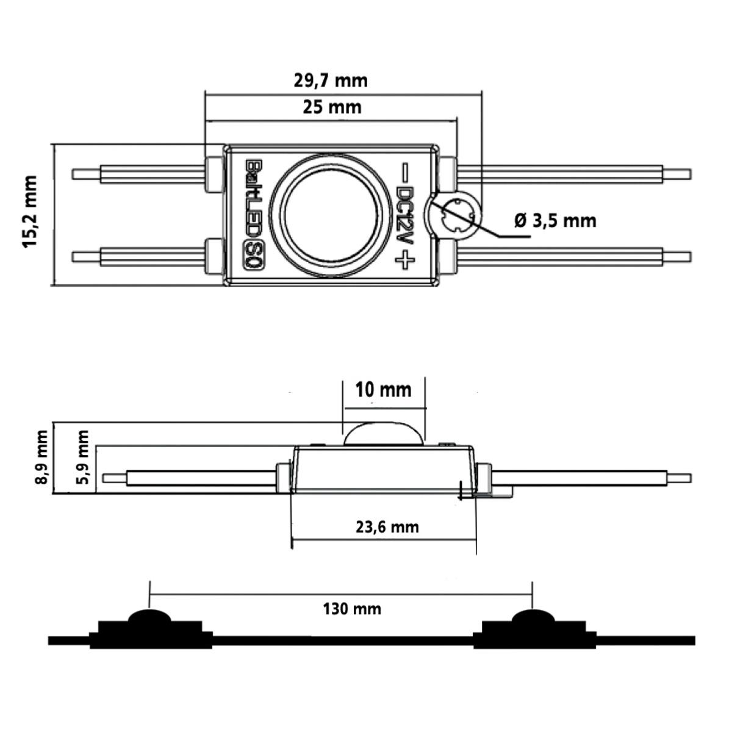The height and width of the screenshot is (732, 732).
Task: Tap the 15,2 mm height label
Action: point(30,212)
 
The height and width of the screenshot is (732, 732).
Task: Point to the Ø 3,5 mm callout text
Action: point(555,220)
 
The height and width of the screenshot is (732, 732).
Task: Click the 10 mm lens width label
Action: point(383,389)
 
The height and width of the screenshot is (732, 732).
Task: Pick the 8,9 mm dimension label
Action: point(41,457)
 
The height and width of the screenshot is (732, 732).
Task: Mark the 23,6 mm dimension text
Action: point(387,526)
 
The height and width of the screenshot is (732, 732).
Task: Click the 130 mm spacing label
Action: point(352,608)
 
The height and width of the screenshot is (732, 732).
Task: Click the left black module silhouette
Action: point(149,632)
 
